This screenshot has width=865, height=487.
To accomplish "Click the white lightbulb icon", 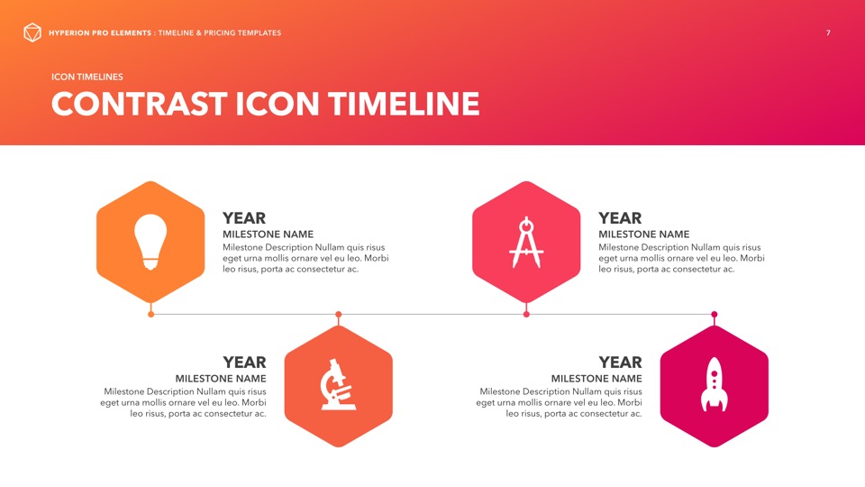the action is click(x=150, y=242).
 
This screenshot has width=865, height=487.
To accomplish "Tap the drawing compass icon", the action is click(x=526, y=243).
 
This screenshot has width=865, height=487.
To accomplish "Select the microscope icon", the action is click(x=338, y=385).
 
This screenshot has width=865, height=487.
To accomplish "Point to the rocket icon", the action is click(x=714, y=384).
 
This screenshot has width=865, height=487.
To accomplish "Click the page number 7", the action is click(x=828, y=32).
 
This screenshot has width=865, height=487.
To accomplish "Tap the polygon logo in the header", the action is click(x=32, y=32).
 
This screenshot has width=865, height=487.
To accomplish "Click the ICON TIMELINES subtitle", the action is click(x=87, y=77).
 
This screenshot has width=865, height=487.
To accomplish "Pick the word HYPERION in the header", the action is click(x=69, y=32).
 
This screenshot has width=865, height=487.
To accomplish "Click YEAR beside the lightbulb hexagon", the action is click(x=244, y=218).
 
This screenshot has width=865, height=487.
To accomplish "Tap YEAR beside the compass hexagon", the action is click(x=620, y=218).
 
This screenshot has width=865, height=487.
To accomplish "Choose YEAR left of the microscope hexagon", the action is click(x=244, y=363).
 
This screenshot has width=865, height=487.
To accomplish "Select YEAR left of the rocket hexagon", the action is click(x=621, y=363).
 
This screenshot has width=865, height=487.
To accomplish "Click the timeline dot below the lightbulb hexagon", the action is click(x=150, y=314).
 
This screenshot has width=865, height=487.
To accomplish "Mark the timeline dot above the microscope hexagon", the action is click(x=338, y=314).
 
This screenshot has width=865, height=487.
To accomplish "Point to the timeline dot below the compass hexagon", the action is click(x=526, y=314).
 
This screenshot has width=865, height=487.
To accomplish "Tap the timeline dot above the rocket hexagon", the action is click(x=714, y=314).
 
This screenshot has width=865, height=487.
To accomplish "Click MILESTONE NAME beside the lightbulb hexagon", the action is click(x=269, y=234).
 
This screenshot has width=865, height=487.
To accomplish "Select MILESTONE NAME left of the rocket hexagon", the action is click(x=596, y=378).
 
